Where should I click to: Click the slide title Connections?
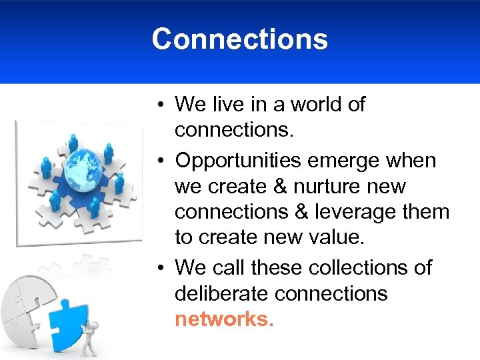pyautogui.click(x=239, y=39)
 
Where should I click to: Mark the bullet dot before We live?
pyautogui.click(x=162, y=105)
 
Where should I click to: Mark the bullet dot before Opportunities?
pyautogui.click(x=162, y=161)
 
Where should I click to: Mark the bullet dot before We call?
pyautogui.click(x=162, y=268)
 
